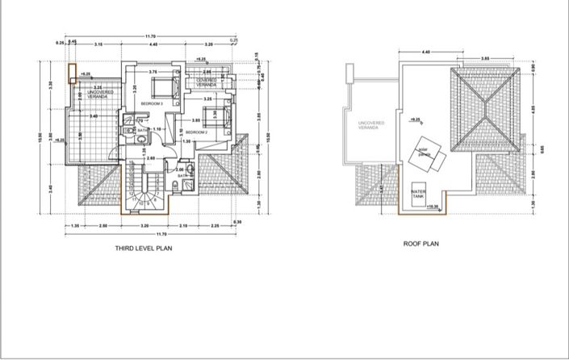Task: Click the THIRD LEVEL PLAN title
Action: [x=144, y=249]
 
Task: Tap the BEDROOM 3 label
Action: [x=152, y=104]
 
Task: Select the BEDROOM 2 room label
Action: [x=197, y=132]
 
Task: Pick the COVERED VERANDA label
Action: [x=207, y=82]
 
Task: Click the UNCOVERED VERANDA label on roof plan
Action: [x=371, y=125]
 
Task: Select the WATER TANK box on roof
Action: [x=418, y=195]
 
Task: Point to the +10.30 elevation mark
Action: [x=433, y=207]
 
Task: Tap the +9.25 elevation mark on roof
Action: [x=415, y=119]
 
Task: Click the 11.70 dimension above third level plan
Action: [x=150, y=36]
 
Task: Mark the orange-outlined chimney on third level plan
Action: [x=73, y=73]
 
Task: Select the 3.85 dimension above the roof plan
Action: [x=486, y=59]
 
